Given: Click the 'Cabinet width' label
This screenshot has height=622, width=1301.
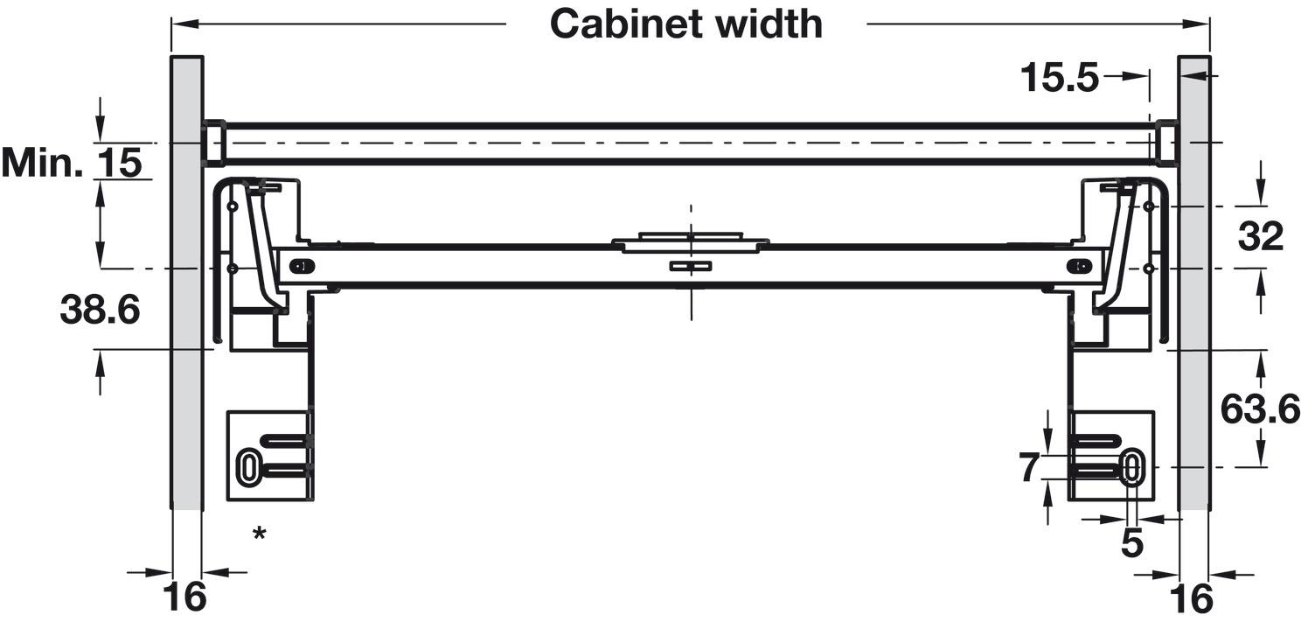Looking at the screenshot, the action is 686,24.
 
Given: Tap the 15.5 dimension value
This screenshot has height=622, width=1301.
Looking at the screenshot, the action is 1060,78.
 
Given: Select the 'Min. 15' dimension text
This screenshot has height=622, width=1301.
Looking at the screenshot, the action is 72,162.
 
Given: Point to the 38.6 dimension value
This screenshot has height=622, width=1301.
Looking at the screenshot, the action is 100,310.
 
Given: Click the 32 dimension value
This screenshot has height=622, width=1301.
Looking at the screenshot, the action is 1261,236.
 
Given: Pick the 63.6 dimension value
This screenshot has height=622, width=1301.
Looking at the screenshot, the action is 1260,409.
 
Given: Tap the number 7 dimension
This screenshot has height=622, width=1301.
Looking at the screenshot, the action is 1029,467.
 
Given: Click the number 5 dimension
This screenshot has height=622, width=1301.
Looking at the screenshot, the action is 1132,543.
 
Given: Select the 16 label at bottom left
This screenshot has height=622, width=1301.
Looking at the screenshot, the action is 184,596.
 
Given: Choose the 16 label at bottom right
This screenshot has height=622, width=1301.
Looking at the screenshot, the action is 1191,598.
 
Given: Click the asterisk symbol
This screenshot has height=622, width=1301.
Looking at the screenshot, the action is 259,533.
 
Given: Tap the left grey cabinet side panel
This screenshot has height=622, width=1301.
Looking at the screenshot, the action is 186,283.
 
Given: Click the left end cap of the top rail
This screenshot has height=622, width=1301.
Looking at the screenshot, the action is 213,143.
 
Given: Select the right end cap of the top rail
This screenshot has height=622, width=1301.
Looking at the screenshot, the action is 1166,143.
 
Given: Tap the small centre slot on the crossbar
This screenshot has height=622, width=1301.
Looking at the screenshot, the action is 691,266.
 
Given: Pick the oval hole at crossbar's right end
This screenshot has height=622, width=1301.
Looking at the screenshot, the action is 1080,266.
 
